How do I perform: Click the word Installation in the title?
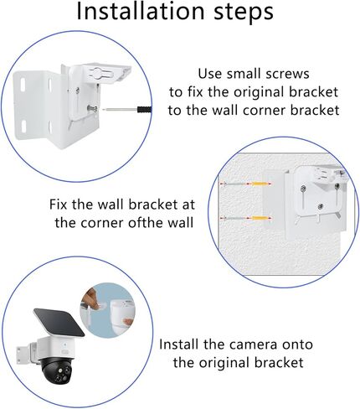141,11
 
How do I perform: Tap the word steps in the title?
244,13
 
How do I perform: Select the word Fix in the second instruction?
58,204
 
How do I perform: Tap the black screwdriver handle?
144,109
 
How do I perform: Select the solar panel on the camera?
59,322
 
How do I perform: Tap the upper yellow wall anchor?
260,184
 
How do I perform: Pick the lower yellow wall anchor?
260,218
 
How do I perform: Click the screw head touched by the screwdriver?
92,108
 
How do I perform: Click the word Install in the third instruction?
179,344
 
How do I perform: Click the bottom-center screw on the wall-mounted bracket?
321,206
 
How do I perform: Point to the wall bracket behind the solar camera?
27,355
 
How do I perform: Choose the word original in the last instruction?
224,363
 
